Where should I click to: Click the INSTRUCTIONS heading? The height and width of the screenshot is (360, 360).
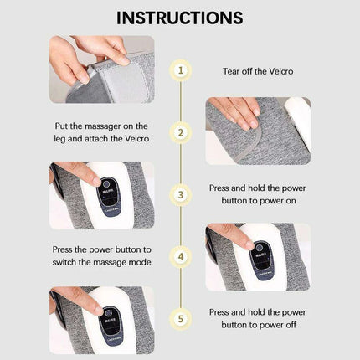pyautogui.click(x=180, y=17)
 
